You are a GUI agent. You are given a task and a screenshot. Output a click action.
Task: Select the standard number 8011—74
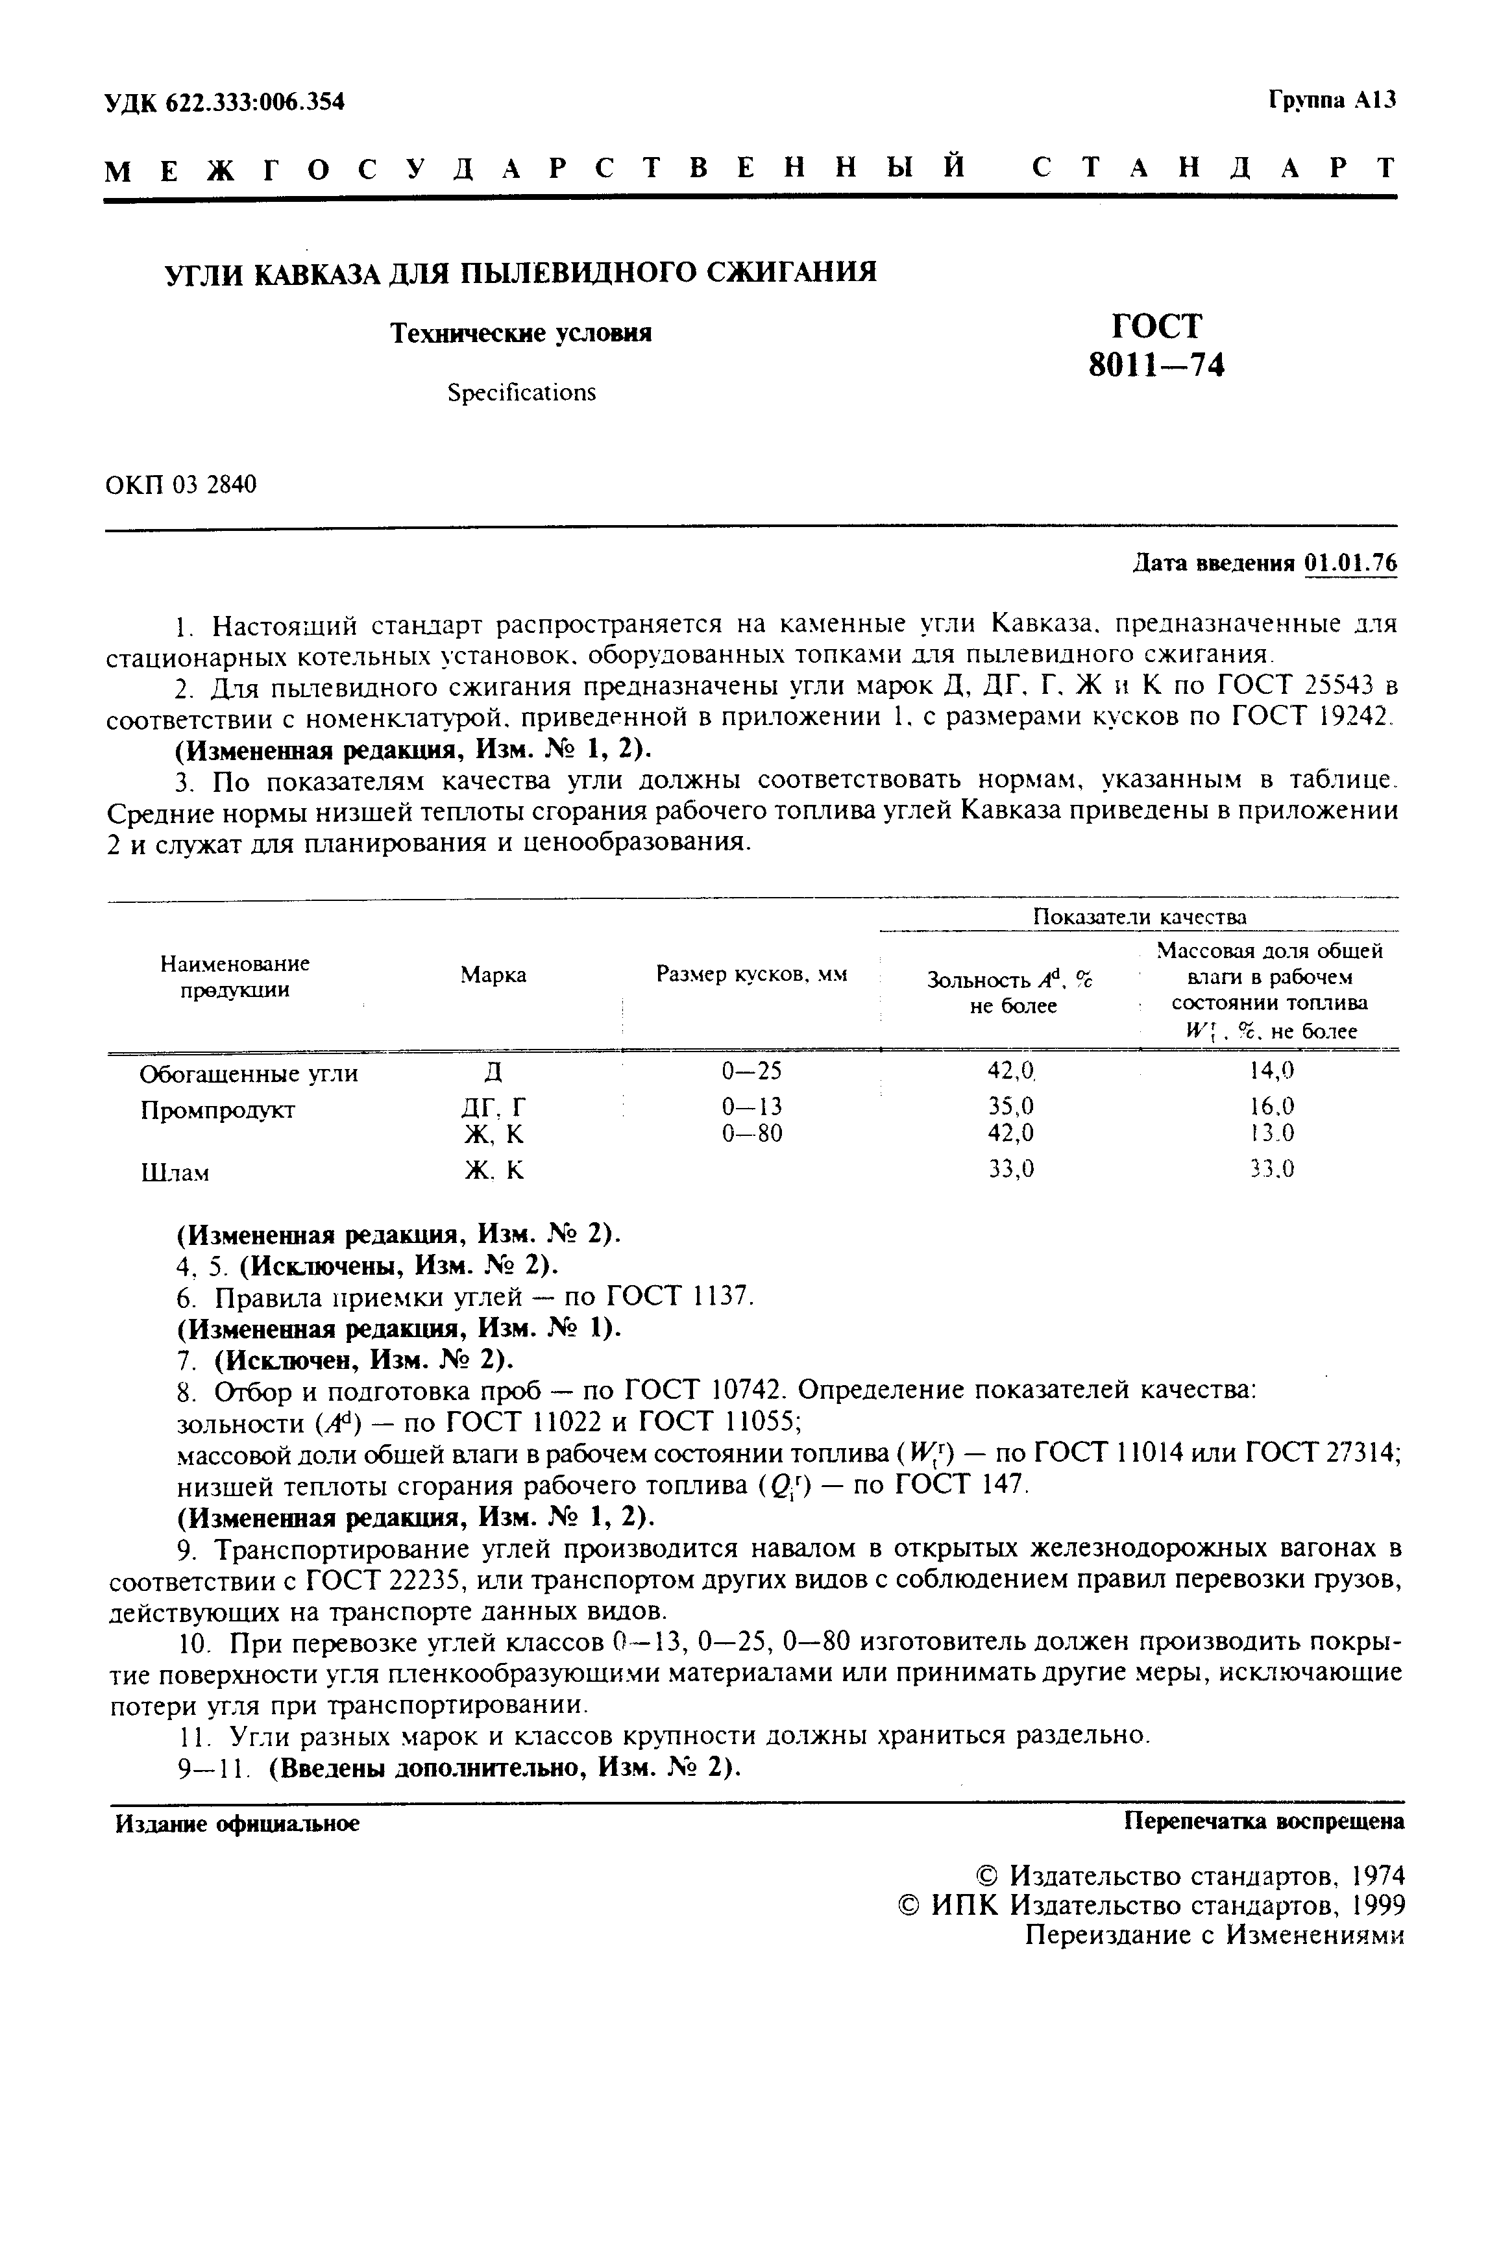point(1156,365)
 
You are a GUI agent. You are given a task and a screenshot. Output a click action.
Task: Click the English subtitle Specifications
point(522,393)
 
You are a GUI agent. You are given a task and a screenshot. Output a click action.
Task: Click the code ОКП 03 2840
point(181,486)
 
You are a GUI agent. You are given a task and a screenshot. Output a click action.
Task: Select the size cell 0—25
point(751,1070)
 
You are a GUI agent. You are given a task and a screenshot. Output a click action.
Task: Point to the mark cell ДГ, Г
point(493,1107)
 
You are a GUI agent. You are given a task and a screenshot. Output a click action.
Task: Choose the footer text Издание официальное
point(238,1824)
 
